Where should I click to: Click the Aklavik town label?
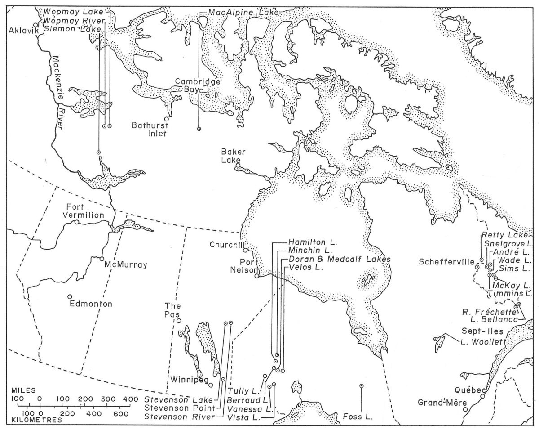click(22, 31)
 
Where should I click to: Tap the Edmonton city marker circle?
click(70, 296)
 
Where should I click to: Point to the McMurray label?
click(126, 265)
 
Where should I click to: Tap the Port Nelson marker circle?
click(256, 276)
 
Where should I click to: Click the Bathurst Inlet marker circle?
click(166, 119)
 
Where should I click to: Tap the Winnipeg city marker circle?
click(210, 384)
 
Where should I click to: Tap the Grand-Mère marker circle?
click(466, 409)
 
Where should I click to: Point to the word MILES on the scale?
click(27, 390)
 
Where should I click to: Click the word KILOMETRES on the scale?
click(40, 419)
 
